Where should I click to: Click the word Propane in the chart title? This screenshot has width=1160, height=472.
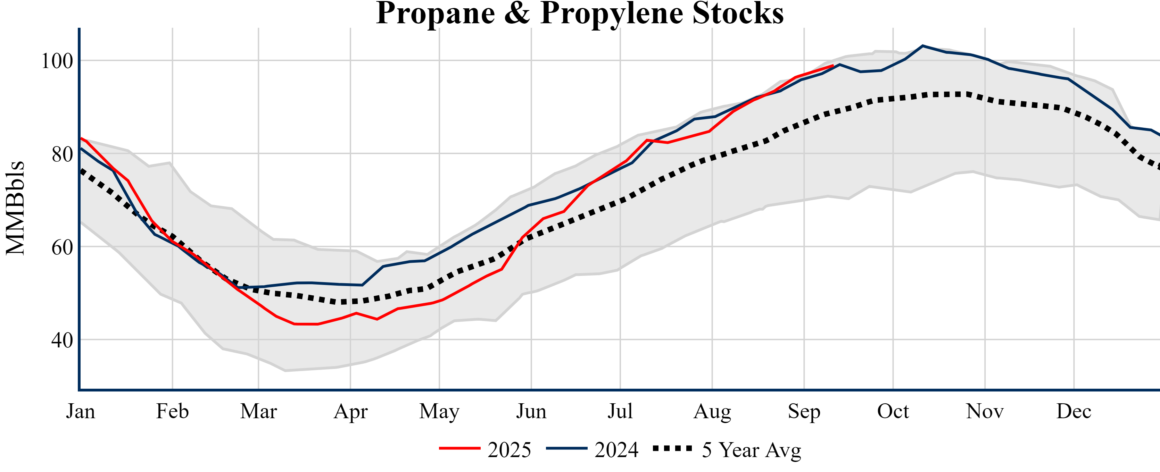(435, 14)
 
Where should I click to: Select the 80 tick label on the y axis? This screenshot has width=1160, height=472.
(62, 154)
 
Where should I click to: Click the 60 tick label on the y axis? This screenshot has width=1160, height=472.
(62, 247)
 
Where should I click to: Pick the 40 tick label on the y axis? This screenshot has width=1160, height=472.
(62, 340)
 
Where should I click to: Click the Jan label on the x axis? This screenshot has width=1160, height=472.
(81, 411)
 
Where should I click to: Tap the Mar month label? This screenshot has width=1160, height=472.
(258, 411)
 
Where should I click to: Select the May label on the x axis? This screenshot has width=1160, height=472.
(439, 411)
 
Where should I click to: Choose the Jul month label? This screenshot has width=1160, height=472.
(620, 411)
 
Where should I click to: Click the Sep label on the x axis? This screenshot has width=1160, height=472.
(804, 411)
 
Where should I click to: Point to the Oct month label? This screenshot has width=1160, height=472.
(893, 411)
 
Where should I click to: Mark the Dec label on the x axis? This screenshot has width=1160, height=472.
(1074, 411)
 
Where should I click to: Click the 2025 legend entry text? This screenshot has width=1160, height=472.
(509, 450)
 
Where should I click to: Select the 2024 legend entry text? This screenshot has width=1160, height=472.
(616, 450)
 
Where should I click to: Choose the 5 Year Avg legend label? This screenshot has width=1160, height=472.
(752, 450)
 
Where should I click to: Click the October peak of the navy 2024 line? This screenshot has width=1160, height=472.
(923, 46)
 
